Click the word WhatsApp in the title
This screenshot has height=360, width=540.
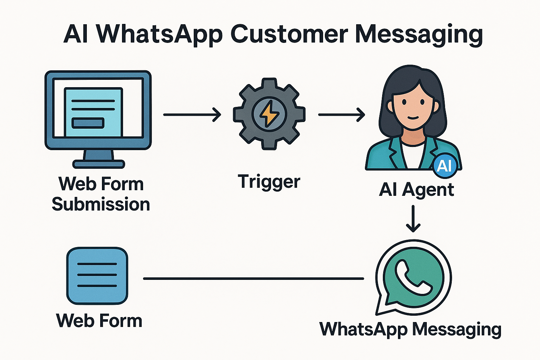coord(159,35)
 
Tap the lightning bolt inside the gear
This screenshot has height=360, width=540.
coord(269,114)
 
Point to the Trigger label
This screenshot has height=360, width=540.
coord(269,182)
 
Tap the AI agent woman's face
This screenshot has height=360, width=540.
coord(413,105)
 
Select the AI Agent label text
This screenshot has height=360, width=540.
coord(416,190)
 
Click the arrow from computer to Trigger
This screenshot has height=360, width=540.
coord(192,115)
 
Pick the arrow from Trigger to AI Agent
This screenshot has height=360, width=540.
coord(341,115)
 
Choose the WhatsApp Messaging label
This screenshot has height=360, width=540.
coord(410,329)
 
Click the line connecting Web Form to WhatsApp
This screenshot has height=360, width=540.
coord(253,278)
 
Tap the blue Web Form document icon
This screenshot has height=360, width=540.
coord(97,276)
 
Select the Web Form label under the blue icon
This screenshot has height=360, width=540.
coord(99,321)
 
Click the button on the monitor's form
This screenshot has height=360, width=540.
coord(88,123)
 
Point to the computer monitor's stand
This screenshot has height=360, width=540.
coord(98,158)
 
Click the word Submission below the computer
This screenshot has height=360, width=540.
coord(101,204)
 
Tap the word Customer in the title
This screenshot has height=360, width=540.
coord(289,35)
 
